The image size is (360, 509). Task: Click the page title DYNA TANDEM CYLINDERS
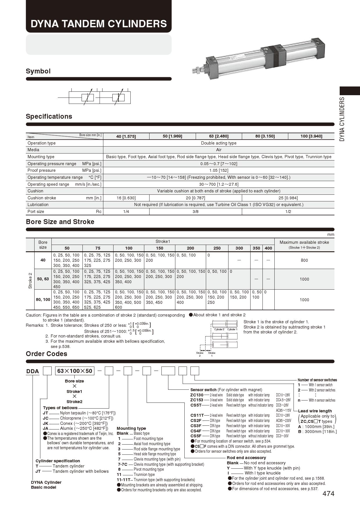click(x=99, y=24)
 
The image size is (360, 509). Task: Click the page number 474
click(x=328, y=494)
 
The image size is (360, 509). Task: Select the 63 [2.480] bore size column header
click(x=219, y=136)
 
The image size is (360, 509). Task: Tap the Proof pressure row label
click(x=42, y=170)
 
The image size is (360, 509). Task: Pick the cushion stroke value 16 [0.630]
click(x=126, y=198)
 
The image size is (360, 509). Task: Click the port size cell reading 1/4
click(x=126, y=212)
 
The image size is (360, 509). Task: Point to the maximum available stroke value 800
click(x=304, y=260)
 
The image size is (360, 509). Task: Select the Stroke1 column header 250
click(x=217, y=248)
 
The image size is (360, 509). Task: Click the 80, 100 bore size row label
click(x=43, y=299)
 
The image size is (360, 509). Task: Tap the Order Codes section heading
click(x=46, y=354)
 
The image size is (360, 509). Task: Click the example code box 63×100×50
click(x=75, y=371)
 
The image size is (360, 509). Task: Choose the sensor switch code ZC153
click(x=197, y=400)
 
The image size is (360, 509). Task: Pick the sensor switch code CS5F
click(x=196, y=436)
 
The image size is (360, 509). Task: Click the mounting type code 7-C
click(x=123, y=464)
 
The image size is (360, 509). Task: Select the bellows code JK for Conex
click(x=46, y=423)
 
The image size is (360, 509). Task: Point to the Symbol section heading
click(x=38, y=71)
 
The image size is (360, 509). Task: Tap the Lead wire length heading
click(x=315, y=411)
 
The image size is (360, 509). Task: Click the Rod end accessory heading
click(x=246, y=458)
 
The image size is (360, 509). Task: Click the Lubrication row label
click(x=38, y=205)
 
